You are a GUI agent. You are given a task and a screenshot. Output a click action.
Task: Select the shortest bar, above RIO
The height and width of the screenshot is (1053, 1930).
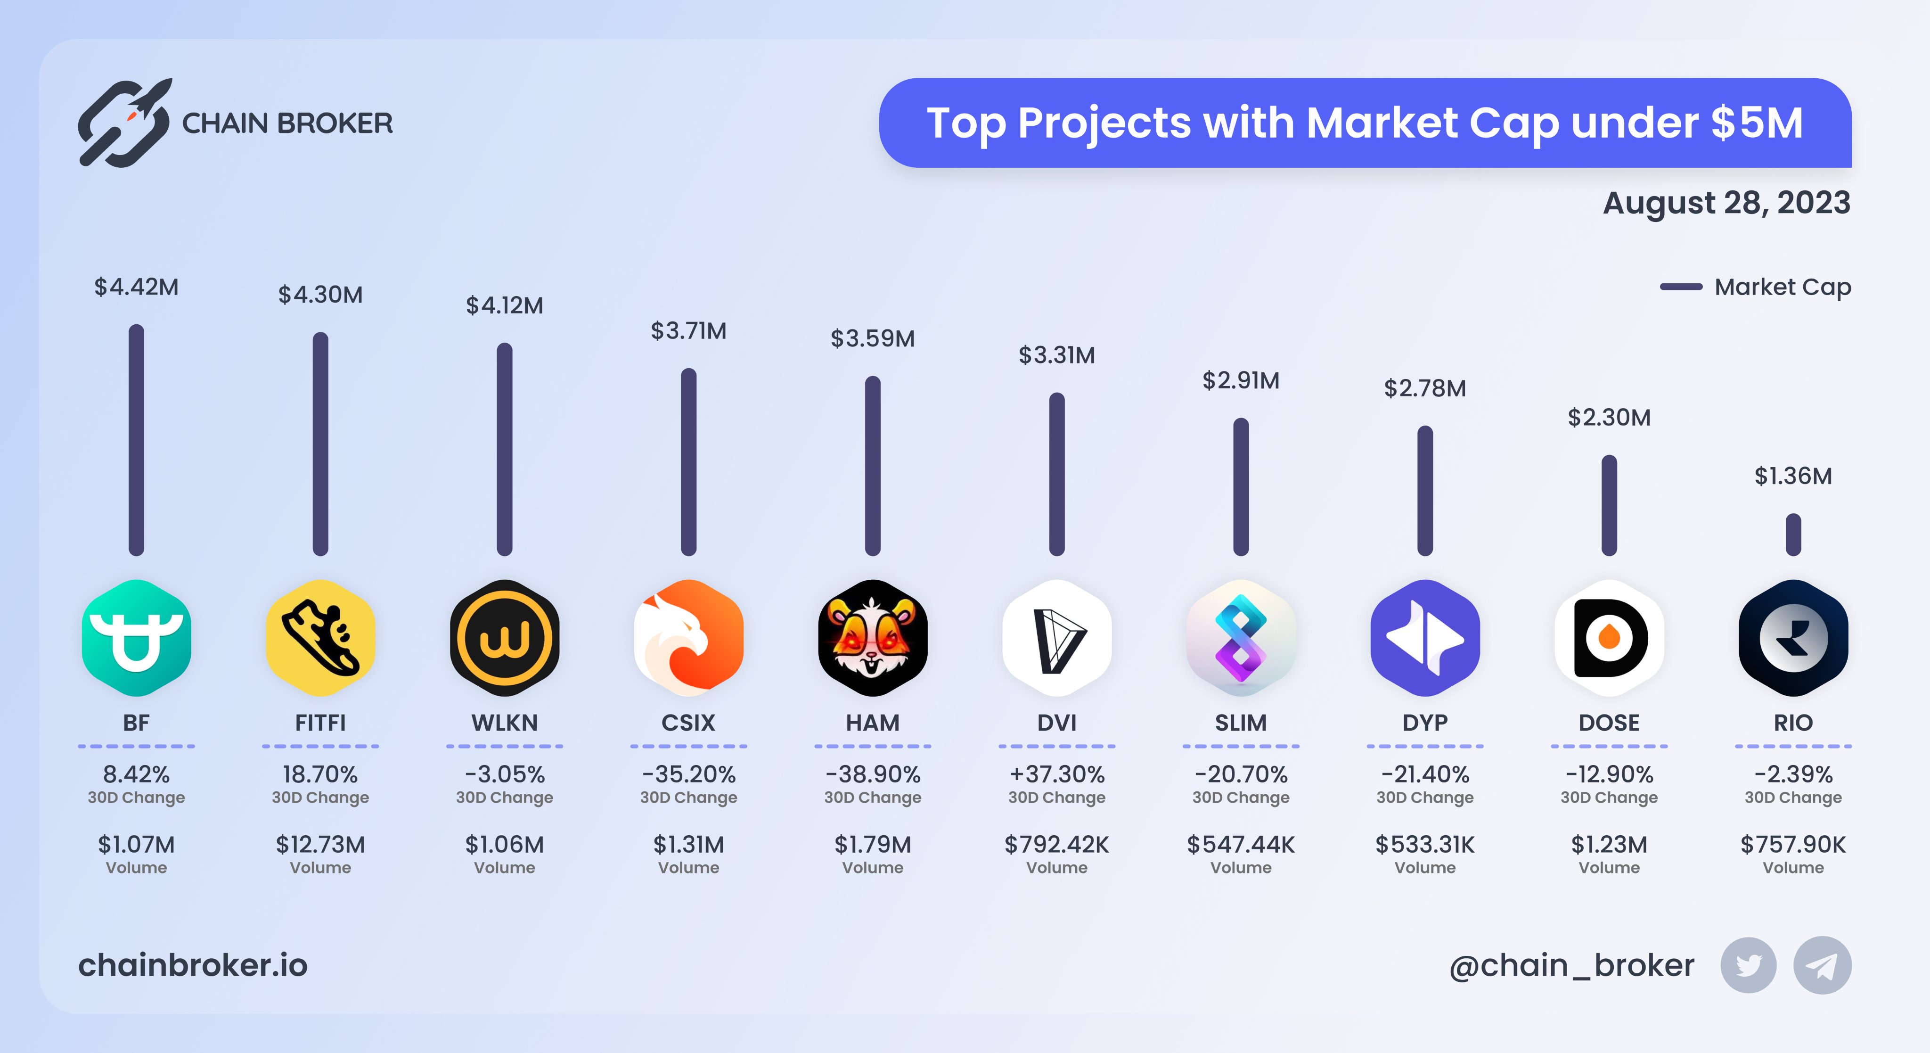point(1793,535)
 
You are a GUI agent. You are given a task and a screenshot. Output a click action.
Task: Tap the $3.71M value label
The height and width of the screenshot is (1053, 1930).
point(688,330)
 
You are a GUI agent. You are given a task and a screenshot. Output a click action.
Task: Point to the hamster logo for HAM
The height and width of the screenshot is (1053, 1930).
point(873,638)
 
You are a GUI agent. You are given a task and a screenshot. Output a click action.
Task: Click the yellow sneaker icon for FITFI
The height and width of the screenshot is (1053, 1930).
point(321,638)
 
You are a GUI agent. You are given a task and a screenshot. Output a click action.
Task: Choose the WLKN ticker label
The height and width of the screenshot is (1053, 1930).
point(504,723)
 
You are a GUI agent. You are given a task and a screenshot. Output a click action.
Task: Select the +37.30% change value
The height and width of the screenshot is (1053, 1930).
point(1056,773)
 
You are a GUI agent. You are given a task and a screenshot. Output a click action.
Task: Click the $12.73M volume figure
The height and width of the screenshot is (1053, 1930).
point(321,845)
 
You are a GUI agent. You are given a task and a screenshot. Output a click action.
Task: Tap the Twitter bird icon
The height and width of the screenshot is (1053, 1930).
point(1748,965)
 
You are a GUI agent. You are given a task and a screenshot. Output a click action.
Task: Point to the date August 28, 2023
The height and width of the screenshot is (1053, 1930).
point(1726,202)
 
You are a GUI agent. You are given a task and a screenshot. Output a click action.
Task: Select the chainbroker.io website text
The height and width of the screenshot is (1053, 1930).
point(193,965)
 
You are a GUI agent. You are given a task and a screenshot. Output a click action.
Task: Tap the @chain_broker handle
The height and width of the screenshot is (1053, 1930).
point(1571,965)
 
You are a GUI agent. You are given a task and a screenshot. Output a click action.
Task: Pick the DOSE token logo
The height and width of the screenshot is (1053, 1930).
point(1609,638)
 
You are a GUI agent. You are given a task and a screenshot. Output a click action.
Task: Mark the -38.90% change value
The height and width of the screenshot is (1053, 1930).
point(873,773)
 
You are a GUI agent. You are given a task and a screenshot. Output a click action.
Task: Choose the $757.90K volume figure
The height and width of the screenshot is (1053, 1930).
point(1793,845)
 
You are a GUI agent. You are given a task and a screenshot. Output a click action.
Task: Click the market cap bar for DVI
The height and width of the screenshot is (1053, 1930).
point(1056,474)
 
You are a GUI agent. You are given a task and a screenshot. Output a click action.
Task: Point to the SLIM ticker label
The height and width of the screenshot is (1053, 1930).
point(1241,723)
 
